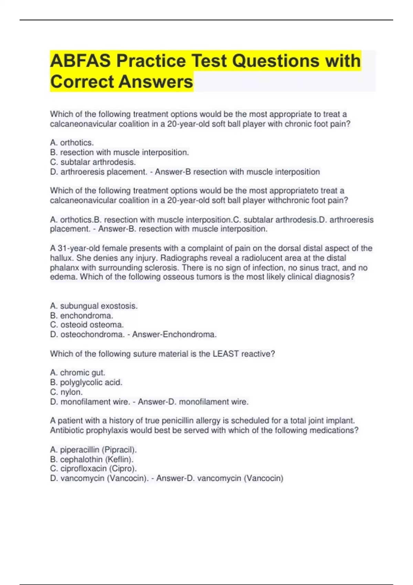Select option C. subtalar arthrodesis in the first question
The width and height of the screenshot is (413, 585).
(93, 162)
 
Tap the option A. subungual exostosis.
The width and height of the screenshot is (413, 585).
(94, 306)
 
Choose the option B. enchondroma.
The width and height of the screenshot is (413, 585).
(82, 316)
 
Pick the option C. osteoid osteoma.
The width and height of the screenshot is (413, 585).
(87, 325)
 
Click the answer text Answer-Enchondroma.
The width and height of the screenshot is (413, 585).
(174, 334)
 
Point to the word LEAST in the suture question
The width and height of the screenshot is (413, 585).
(225, 354)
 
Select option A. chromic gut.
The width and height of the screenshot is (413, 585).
(77, 373)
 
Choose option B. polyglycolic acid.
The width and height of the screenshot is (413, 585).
(86, 382)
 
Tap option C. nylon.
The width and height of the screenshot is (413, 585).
(66, 392)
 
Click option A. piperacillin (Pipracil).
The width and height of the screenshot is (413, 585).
(93, 450)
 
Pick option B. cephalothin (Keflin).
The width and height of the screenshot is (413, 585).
(92, 459)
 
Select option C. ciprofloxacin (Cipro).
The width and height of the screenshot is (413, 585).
(93, 469)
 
